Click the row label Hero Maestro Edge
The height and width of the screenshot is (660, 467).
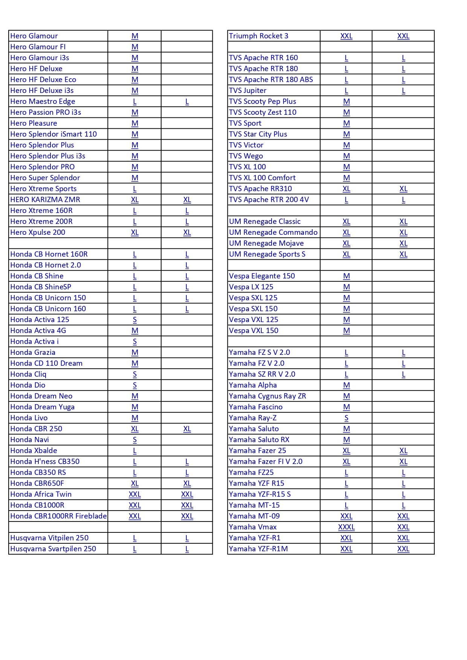[43, 102]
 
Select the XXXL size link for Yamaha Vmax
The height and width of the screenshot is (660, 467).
[346, 527]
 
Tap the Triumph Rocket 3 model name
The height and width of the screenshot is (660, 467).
[259, 36]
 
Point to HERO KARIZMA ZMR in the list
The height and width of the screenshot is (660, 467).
[45, 200]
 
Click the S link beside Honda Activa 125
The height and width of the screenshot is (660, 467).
[135, 320]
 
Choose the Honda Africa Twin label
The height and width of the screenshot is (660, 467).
[41, 494]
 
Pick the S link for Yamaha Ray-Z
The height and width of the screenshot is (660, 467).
[346, 418]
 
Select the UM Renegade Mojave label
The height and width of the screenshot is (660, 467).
[266, 243]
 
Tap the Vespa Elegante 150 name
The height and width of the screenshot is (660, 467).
[262, 276]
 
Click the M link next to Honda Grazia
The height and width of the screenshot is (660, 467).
[135, 353]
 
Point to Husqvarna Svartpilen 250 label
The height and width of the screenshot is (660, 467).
[53, 549]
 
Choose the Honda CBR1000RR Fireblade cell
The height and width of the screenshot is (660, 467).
[58, 516]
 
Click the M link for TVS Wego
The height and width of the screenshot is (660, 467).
[346, 156]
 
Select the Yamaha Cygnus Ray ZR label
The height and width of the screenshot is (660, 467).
[267, 396]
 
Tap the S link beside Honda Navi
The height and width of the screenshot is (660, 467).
[135, 440]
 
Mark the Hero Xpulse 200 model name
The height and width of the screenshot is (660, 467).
[38, 233]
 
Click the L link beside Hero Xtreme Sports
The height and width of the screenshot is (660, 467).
[135, 189]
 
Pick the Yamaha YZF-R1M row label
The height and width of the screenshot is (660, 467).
[258, 549]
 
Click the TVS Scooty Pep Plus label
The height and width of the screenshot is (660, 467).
[262, 102]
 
